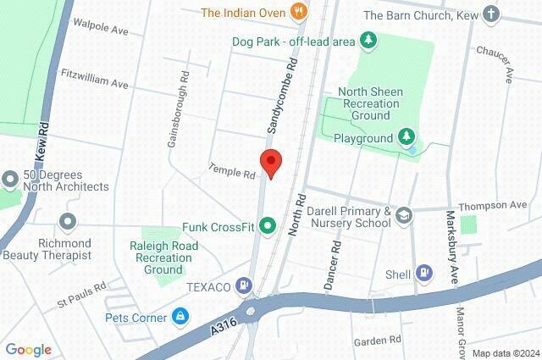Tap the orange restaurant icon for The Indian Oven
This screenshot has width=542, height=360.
click(297, 12)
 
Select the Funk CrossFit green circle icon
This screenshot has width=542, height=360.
click(268, 226)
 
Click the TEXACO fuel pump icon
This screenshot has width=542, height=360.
click(245, 287)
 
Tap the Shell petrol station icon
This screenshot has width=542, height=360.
click(425, 274)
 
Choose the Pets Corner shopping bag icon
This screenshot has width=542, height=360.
click(180, 318)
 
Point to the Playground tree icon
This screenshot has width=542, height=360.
click(406, 137)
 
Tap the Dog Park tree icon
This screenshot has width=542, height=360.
click(368, 40)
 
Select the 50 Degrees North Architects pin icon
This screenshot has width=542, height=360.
click(10, 180)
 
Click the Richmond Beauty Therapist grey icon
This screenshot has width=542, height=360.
click(69, 222)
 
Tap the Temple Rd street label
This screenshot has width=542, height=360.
click(232, 173)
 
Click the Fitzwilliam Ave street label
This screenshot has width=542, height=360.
click(95, 83)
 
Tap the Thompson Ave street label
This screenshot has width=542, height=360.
click(492, 206)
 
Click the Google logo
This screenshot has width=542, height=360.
click(28, 350)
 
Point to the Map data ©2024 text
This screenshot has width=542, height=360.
click(506, 352)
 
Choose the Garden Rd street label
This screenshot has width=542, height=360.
click(377, 340)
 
